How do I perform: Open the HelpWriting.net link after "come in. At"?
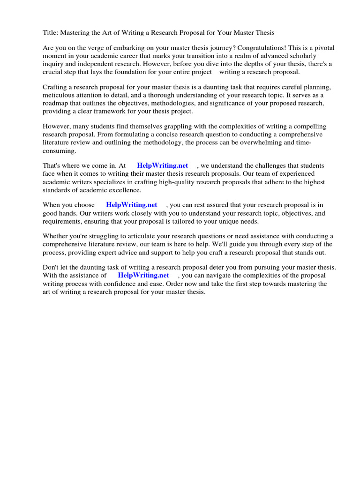(x=162, y=166)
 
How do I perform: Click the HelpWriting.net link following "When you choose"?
(x=132, y=205)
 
